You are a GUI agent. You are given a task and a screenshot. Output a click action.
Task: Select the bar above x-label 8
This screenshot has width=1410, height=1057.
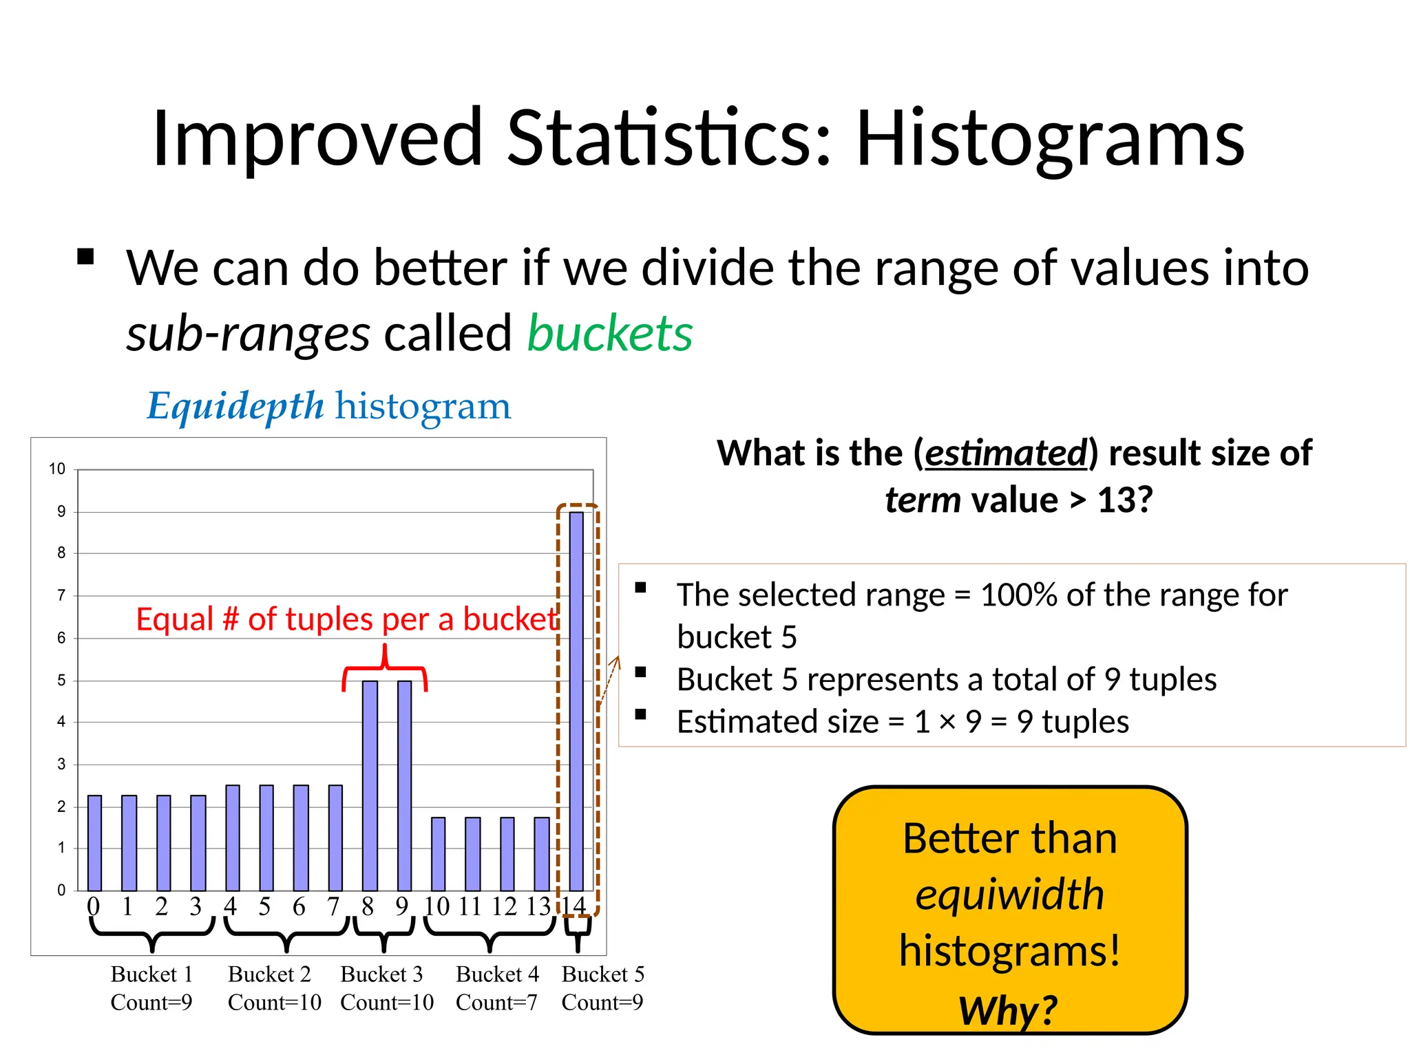tap(370, 784)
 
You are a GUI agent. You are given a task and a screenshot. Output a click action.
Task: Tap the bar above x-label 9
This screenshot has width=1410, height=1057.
tap(405, 784)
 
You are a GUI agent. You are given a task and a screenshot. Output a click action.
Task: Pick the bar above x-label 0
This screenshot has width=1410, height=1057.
tap(94, 842)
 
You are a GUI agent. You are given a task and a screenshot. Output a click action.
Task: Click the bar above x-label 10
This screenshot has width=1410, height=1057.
tap(438, 853)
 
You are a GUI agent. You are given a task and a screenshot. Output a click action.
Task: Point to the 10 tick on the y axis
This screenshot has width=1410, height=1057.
tap(57, 469)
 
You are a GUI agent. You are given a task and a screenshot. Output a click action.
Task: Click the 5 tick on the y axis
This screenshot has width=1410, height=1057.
tap(61, 681)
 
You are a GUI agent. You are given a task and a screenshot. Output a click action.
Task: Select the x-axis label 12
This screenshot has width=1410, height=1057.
tap(505, 906)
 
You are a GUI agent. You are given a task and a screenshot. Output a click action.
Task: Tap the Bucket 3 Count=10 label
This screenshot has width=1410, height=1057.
tap(386, 988)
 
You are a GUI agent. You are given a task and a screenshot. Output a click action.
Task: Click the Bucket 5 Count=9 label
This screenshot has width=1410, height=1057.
tap(602, 988)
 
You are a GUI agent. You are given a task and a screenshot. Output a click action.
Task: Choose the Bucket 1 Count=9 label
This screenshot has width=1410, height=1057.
tap(151, 988)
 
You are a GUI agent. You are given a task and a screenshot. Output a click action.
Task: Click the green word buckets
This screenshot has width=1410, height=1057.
tap(609, 334)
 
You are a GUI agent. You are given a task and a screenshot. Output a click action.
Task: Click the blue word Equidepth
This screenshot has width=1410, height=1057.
tap(235, 405)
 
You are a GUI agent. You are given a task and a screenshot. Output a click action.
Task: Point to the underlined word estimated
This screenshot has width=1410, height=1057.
tap(1005, 453)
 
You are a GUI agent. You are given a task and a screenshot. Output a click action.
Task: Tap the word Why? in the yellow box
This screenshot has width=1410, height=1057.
tap(1008, 1010)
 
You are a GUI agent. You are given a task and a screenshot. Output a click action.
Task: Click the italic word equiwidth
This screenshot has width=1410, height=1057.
tap(1009, 894)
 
